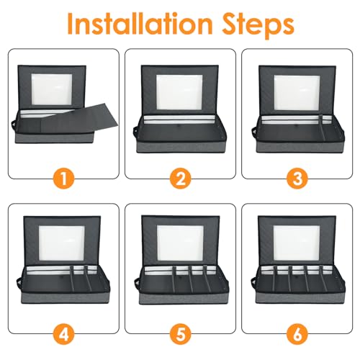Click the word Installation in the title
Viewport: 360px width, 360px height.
pyautogui.click(x=140, y=23)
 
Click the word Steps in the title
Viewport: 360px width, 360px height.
pyautogui.click(x=258, y=26)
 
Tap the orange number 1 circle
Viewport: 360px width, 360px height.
pyautogui.click(x=64, y=179)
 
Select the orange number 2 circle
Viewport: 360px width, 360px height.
pyautogui.click(x=181, y=179)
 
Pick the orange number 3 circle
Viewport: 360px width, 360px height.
pyautogui.click(x=297, y=179)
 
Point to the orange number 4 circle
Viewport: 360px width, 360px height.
pyautogui.click(x=64, y=333)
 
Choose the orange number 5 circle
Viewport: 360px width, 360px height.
pyautogui.click(x=181, y=333)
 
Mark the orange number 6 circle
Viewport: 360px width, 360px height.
pyautogui.click(x=297, y=333)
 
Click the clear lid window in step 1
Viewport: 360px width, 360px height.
pyautogui.click(x=52, y=89)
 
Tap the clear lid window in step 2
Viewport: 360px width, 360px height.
pyautogui.click(x=179, y=92)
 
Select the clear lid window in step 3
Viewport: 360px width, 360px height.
pyautogui.click(x=297, y=93)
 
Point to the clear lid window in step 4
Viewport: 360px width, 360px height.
pyautogui.click(x=62, y=243)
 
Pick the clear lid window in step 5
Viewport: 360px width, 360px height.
pyautogui.click(x=180, y=243)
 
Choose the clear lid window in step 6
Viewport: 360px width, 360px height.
pyautogui.click(x=297, y=243)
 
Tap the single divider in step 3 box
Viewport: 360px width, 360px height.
pyautogui.click(x=323, y=127)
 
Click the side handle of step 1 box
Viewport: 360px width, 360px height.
pyautogui.click(x=14, y=125)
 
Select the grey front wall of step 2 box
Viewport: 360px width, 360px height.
pyautogui.click(x=181, y=146)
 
